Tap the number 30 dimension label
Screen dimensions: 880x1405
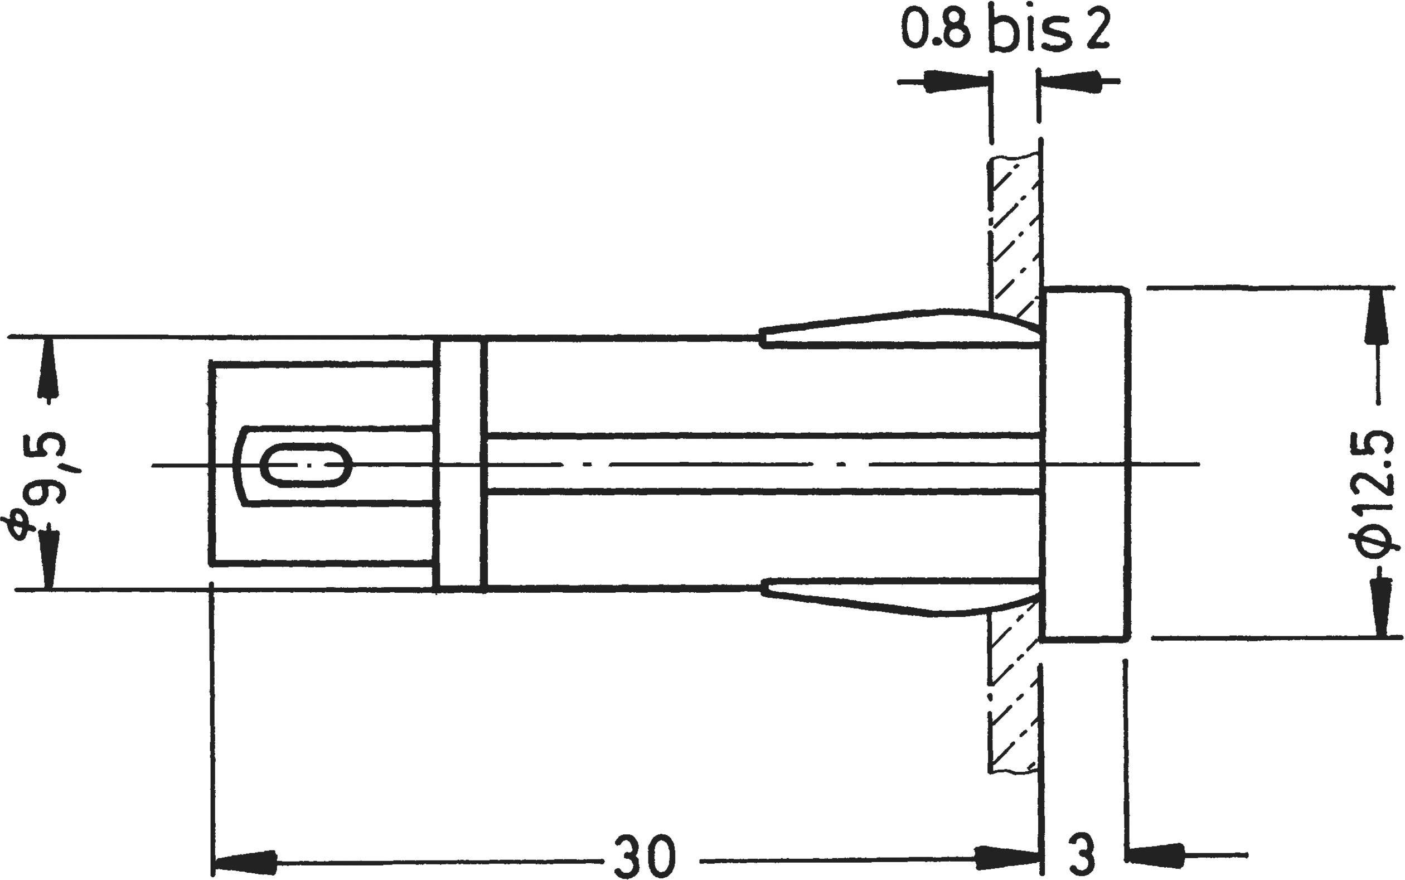[x=645, y=855]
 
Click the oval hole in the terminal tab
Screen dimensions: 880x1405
[x=306, y=465]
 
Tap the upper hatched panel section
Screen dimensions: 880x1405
[x=1015, y=233]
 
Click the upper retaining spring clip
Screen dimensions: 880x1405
[x=902, y=331]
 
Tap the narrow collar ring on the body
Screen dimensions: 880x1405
[x=459, y=465]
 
